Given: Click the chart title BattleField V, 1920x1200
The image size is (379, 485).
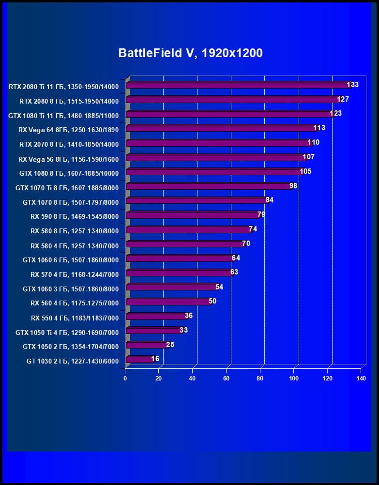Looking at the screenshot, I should click(190, 53).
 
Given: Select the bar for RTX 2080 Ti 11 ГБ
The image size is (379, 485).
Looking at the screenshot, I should click(237, 86).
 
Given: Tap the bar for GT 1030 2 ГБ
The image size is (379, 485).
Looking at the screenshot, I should click(139, 360).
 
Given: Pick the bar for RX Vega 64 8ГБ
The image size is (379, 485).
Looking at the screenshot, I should click(220, 129).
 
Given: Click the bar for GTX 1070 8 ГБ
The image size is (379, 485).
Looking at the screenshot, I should click(196, 201).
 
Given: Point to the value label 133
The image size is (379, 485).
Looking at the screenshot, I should click(353, 85).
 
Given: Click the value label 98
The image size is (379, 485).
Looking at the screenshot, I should click(293, 186).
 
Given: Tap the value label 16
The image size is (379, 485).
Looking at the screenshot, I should click(155, 359).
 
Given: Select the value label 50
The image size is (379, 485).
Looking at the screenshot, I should click(212, 301).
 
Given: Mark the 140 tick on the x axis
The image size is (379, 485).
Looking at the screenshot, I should click(361, 378).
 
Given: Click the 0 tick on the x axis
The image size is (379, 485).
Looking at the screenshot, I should click(125, 378).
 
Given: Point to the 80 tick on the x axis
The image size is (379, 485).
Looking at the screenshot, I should click(260, 378).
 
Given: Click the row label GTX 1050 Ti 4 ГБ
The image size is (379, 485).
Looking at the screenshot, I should click(67, 332).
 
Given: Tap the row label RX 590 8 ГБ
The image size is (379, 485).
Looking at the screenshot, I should click(74, 216).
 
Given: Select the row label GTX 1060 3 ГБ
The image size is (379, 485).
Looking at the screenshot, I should click(70, 289).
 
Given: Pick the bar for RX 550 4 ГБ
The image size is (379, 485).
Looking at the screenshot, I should click(156, 317).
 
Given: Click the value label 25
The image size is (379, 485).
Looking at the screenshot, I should click(170, 345).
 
